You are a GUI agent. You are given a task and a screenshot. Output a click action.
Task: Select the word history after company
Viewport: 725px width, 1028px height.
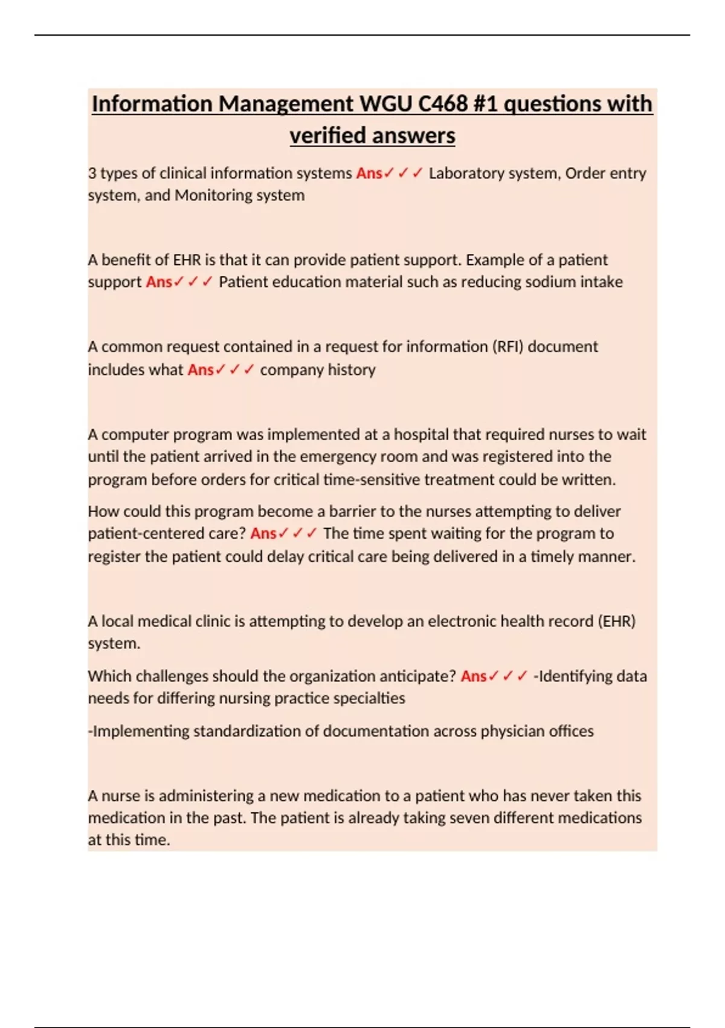(352, 370)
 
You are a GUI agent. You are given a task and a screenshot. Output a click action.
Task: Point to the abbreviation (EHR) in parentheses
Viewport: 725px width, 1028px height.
(616, 622)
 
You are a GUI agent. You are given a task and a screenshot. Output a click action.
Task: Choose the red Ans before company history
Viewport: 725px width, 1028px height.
(201, 370)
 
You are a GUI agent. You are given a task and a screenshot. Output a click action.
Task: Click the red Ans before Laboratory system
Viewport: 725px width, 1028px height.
(369, 174)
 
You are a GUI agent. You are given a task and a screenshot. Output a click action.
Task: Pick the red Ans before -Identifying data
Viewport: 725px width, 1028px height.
(474, 676)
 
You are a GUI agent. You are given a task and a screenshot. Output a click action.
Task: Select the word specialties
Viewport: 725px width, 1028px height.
(370, 698)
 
